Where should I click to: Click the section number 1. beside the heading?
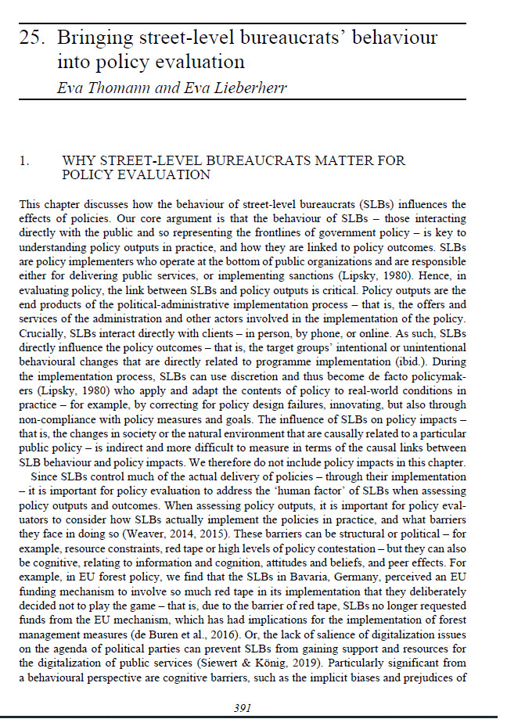pos(25,160)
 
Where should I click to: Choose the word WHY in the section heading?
pos(77,160)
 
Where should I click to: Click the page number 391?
pos(243,708)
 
